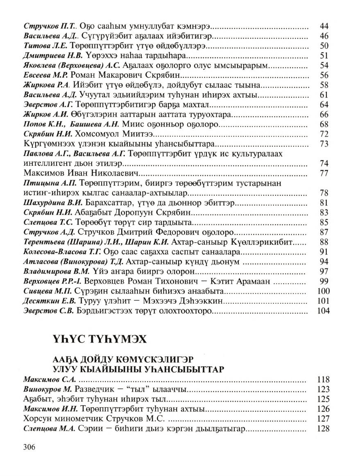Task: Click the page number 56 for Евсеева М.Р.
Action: click(x=324, y=76)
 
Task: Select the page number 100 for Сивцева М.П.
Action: click(x=322, y=292)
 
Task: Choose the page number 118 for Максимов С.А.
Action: click(x=322, y=379)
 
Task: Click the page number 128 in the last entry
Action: click(x=322, y=428)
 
